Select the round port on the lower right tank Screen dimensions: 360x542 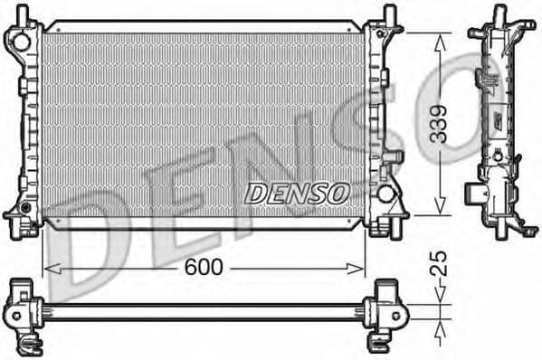[386, 193]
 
